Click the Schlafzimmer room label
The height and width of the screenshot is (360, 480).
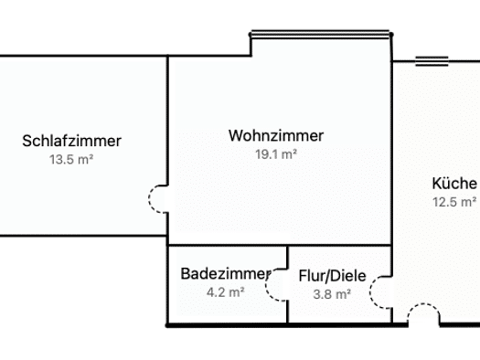[71, 141]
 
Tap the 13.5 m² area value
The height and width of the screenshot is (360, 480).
[71, 159]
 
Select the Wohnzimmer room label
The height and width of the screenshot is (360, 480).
[276, 135]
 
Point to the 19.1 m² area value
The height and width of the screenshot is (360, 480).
[276, 154]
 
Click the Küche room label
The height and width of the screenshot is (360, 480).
[454, 184]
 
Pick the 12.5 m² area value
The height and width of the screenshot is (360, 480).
[454, 202]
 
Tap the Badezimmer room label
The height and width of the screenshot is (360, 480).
[226, 273]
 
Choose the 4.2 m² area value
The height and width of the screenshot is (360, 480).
[226, 292]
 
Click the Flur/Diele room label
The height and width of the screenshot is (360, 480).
[332, 276]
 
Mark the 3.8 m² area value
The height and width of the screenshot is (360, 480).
[332, 294]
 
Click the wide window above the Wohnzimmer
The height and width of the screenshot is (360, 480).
[320, 34]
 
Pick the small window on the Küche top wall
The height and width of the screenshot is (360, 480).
[432, 61]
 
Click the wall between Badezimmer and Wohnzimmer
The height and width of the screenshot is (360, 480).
[228, 245]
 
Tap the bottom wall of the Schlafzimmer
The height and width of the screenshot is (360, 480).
[83, 236]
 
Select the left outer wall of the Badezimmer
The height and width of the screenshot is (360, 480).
[167, 286]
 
